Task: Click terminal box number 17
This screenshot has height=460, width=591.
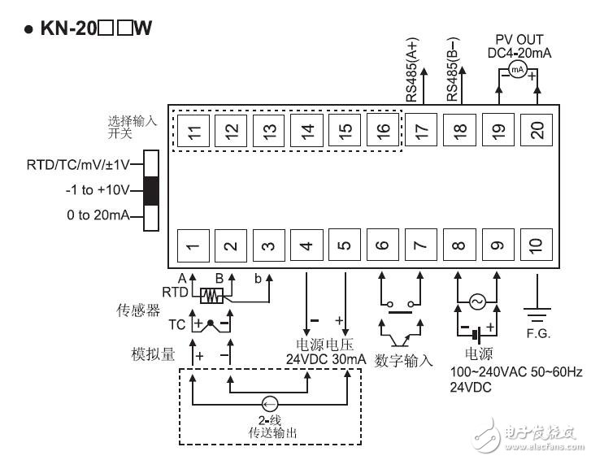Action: tap(421, 129)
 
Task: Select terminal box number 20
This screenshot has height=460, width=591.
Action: tap(537, 129)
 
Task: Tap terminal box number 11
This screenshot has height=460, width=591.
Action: tap(192, 129)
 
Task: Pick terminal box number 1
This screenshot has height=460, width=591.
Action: tap(192, 245)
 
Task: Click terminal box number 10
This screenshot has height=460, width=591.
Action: tap(537, 245)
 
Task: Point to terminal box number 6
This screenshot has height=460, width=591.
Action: tap(383, 245)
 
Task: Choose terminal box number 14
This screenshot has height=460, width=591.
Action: tap(306, 129)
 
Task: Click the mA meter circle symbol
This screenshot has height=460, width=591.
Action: tap(516, 72)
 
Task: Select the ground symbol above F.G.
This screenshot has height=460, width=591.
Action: tap(537, 309)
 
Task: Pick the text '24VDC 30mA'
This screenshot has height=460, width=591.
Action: tap(326, 358)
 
